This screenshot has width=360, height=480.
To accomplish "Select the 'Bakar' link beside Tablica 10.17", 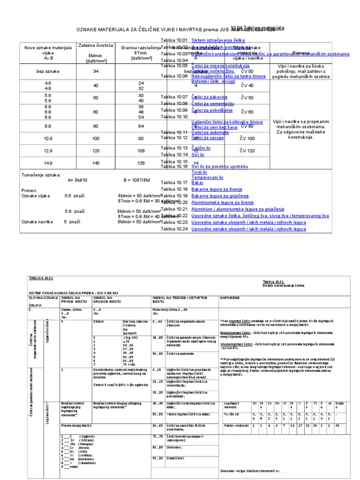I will click(x=197, y=182).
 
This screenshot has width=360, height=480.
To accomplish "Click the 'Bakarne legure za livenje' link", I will click(x=217, y=189).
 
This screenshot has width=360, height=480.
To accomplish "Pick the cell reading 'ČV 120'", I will click(x=247, y=151).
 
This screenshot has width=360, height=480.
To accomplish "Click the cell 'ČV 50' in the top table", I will click(x=247, y=98).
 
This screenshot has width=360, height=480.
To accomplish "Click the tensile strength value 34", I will click(x=96, y=71).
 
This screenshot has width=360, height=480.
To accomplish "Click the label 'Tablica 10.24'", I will click(x=174, y=229).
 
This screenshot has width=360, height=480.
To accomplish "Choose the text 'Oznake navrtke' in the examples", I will click(x=37, y=222).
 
